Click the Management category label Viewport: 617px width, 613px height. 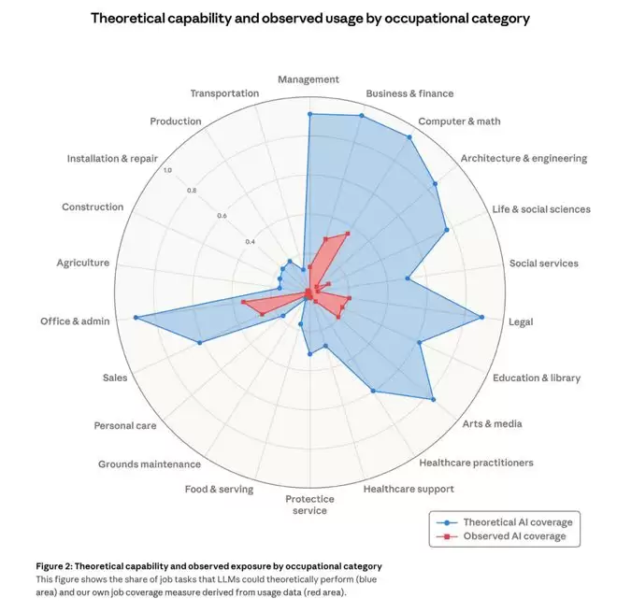(308, 79)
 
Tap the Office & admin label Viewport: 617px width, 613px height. (75, 321)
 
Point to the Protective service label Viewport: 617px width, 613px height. (308, 505)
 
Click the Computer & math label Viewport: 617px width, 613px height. (459, 121)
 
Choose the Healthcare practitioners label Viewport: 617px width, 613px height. (476, 463)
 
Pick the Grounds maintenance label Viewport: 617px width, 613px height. (150, 464)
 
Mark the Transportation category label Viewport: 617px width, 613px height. (224, 93)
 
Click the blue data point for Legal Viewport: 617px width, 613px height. (482, 318)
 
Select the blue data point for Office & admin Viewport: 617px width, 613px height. (136, 318)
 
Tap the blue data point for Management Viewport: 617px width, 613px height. (309, 114)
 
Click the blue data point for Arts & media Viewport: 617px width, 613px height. (433, 400)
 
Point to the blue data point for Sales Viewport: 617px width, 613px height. (199, 344)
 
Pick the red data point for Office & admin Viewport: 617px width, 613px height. (243, 303)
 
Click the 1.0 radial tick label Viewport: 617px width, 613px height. (167, 170)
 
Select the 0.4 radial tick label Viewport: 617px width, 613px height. (251, 242)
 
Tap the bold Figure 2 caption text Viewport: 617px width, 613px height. (208, 566)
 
